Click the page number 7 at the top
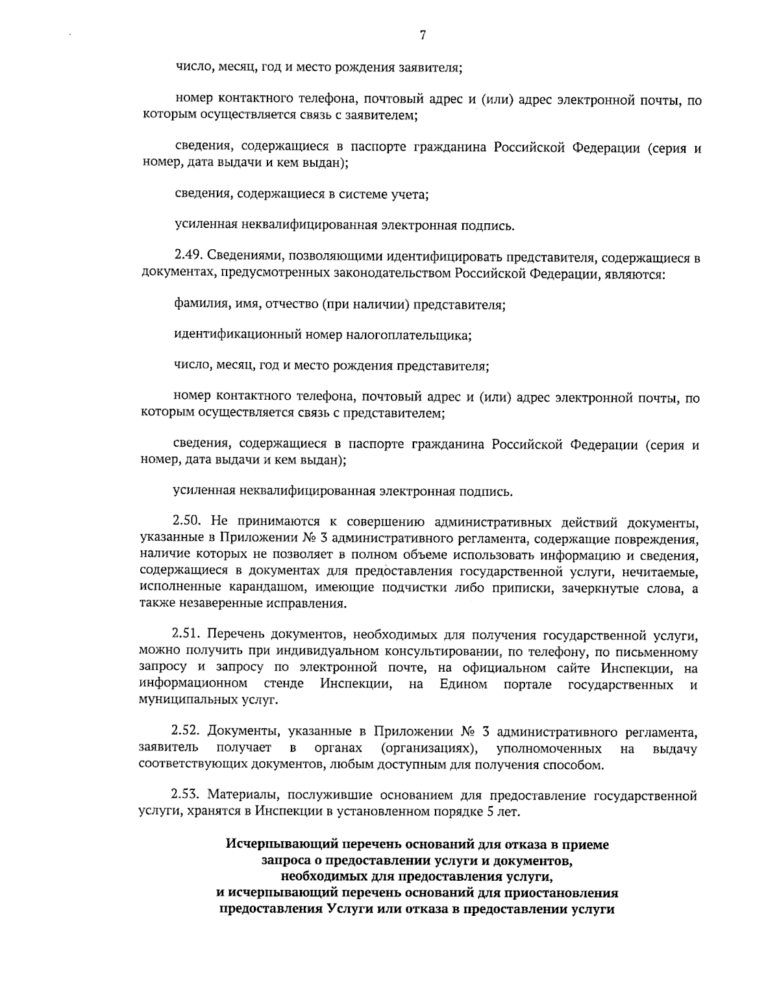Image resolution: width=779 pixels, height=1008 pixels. (422, 36)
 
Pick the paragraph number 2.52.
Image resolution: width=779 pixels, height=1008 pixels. (187, 733)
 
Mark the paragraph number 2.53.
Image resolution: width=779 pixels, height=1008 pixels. (186, 795)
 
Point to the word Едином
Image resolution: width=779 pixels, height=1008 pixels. (463, 684)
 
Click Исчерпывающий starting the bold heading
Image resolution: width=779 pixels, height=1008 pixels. (269, 844)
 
